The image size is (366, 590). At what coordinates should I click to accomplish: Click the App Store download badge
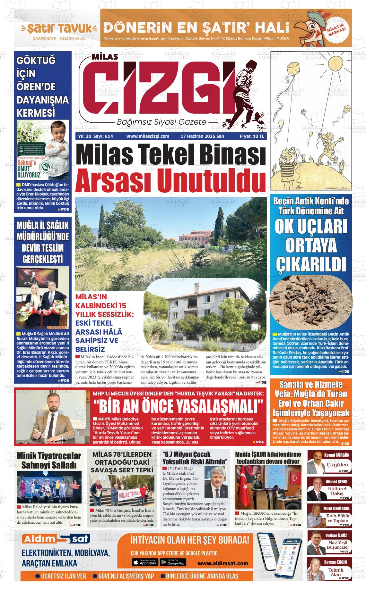145,562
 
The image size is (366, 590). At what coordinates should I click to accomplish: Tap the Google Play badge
173,562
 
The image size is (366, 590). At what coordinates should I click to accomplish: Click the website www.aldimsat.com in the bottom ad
223,563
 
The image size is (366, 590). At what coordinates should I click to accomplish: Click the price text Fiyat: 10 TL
252,136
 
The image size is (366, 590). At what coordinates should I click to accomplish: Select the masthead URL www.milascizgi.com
148,136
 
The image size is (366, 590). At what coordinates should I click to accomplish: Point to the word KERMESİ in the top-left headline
36,113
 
